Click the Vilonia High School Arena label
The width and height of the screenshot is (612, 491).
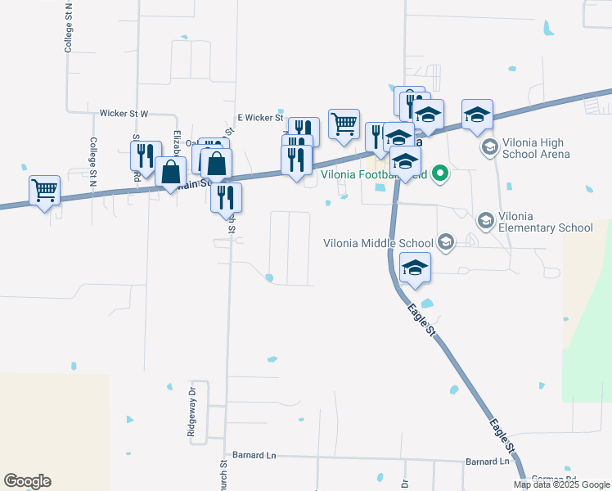547,148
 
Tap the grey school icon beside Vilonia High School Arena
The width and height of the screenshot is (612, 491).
490,147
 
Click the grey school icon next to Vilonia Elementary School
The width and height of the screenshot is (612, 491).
485,220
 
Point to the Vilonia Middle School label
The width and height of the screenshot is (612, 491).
378,242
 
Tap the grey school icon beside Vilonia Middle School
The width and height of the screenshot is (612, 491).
446,241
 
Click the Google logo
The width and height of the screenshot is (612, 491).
27,481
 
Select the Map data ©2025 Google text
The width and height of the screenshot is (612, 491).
561,484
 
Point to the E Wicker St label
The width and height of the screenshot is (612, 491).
259,118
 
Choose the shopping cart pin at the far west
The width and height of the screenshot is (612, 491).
44,191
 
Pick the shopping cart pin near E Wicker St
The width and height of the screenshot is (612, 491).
344,124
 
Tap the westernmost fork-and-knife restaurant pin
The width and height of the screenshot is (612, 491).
146,155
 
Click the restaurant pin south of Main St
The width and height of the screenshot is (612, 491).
226,198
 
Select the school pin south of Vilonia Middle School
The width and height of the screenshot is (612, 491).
416,268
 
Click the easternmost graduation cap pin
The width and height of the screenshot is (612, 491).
477,115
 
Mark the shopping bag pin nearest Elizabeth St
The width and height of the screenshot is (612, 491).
170,173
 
